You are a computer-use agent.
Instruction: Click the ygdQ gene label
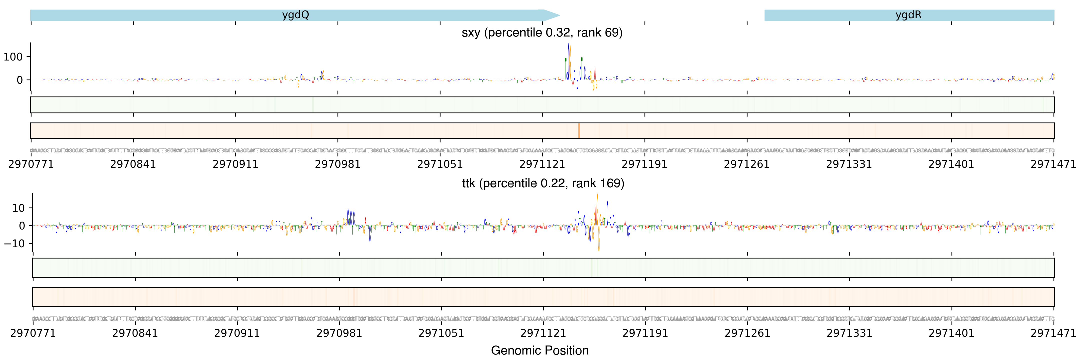click(x=295, y=15)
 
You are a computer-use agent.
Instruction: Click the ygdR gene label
click(x=908, y=15)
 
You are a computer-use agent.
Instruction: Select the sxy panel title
click(x=542, y=33)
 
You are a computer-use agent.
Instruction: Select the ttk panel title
click(x=543, y=183)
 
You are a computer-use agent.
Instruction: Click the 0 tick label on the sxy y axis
click(x=19, y=80)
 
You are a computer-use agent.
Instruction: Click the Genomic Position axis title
click(x=539, y=350)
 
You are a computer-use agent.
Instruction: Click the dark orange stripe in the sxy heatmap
click(x=578, y=131)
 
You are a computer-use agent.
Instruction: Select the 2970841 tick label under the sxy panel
click(x=133, y=164)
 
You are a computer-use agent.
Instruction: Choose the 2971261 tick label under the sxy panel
click(x=747, y=164)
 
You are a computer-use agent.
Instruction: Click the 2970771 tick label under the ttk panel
click(x=33, y=333)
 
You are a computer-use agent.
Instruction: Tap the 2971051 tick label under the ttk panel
click(x=441, y=333)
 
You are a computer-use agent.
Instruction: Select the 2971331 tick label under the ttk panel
click(x=849, y=333)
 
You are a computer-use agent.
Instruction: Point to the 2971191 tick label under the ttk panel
click(x=645, y=333)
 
